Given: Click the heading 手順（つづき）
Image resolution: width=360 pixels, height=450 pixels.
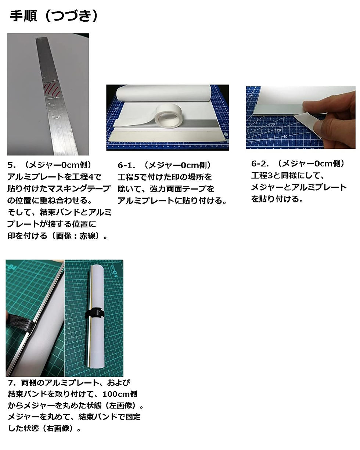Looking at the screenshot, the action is tap(54, 16).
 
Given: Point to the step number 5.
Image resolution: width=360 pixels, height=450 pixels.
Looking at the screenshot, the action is tap(11, 165).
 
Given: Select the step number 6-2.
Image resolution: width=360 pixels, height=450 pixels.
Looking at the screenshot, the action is tap(260, 163).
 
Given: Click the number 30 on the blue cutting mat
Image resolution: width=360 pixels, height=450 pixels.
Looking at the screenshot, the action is tap(273, 124).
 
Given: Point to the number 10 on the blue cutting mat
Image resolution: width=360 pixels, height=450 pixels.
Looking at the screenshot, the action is tap(285, 137).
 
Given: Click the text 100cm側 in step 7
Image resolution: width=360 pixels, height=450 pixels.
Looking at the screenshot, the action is tap(120, 394).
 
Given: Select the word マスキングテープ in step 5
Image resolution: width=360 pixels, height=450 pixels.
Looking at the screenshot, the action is tap(79, 188).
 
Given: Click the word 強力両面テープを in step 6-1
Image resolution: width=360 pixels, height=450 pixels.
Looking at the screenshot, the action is tap(182, 189).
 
